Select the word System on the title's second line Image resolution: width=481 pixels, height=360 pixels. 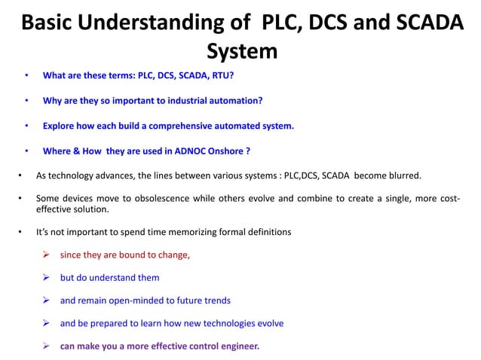(x=242, y=51)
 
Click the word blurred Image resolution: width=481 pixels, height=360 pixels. (x=404, y=176)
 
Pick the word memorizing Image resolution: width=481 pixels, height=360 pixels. (x=164, y=232)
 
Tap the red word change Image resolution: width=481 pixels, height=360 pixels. (x=173, y=255)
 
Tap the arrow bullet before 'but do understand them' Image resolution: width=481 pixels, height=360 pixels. (x=47, y=277)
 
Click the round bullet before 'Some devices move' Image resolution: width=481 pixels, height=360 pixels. (x=19, y=197)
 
